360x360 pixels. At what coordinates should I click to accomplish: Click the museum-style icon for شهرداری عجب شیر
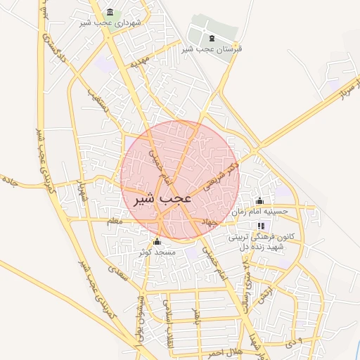pyautogui.click(x=110, y=13)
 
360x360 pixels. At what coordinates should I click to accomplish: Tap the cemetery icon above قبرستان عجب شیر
pyautogui.click(x=212, y=37)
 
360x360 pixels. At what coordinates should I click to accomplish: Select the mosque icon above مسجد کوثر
pyautogui.click(x=156, y=242)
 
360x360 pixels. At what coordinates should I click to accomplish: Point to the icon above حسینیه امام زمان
pyautogui.click(x=259, y=200)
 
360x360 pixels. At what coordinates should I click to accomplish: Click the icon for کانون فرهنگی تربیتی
pyautogui.click(x=262, y=226)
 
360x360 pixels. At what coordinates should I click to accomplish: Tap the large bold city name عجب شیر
pyautogui.click(x=163, y=199)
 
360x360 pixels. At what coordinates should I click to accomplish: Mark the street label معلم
pyautogui.click(x=113, y=221)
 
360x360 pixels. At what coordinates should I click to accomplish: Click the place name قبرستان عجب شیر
pyautogui.click(x=212, y=49)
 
